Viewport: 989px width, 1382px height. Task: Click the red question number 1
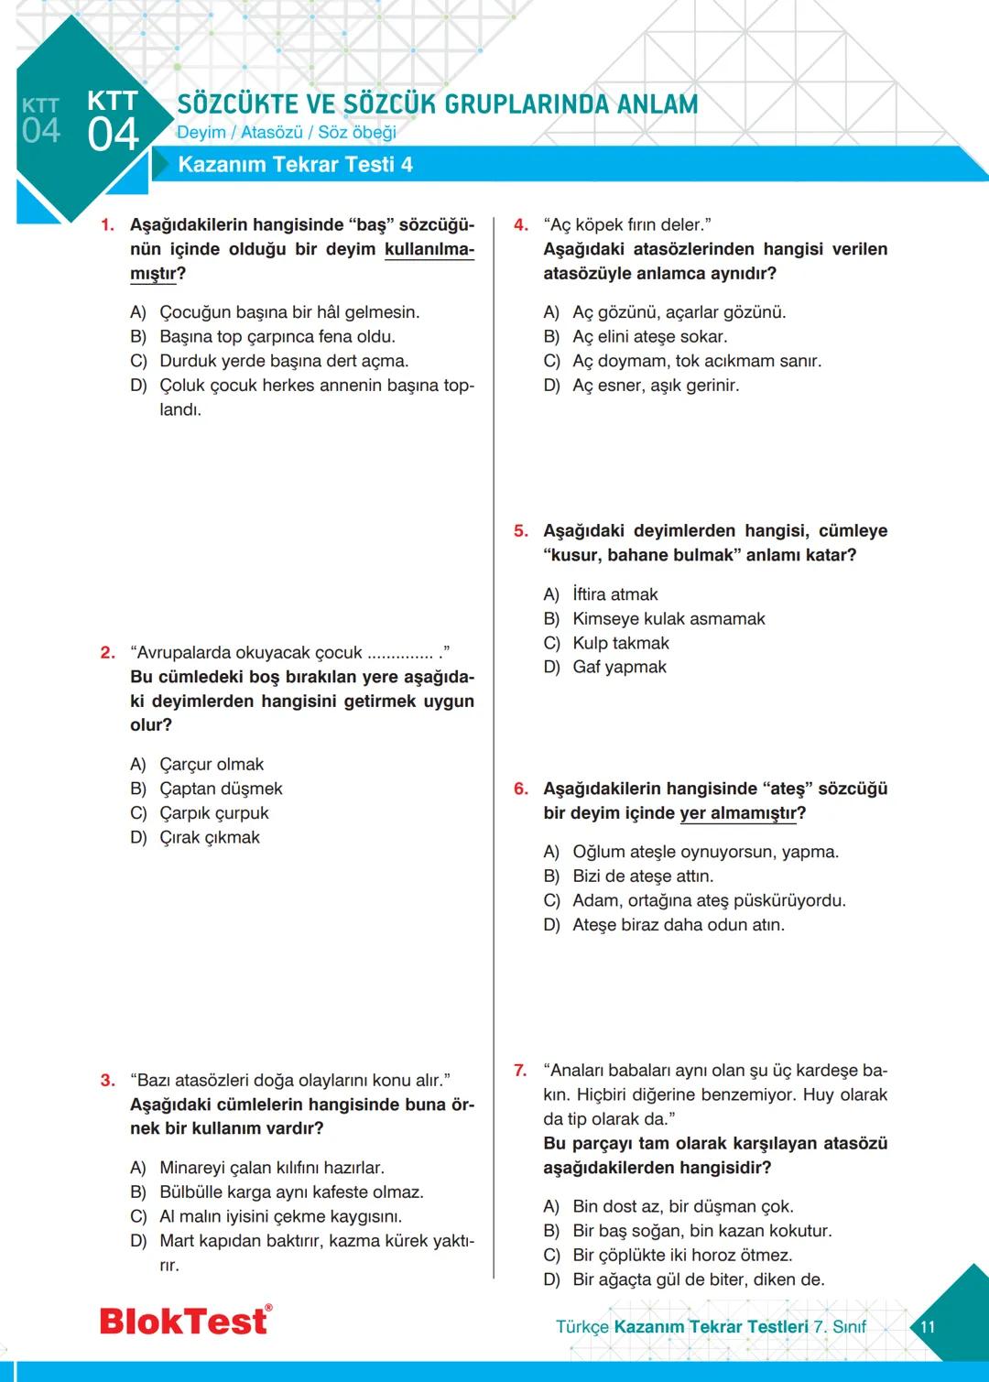[107, 225]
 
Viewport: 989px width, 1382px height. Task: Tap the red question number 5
[520, 531]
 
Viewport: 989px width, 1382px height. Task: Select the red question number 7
[520, 1071]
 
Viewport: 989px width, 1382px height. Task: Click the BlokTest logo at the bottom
[185, 1321]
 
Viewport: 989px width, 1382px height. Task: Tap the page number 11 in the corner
[928, 1327]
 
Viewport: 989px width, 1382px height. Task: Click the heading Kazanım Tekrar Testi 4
[295, 165]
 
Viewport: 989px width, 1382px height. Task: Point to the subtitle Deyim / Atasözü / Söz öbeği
[286, 133]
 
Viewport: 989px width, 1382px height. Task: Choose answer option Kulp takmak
[620, 644]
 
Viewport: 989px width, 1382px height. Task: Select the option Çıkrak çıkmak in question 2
[209, 838]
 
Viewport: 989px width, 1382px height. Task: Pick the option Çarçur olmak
[211, 765]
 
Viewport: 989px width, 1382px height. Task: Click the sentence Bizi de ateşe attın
[642, 876]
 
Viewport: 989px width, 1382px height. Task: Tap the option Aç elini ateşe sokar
[649, 337]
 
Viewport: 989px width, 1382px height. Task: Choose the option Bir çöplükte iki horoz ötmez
[681, 1256]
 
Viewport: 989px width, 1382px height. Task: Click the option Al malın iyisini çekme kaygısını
[280, 1217]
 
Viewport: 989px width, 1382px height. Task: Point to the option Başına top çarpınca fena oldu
[277, 337]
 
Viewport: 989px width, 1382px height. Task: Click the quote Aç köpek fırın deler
[627, 225]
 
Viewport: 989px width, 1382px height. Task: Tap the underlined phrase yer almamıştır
[742, 814]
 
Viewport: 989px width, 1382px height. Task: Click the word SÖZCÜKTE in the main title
[237, 104]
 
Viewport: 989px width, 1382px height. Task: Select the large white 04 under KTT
[114, 136]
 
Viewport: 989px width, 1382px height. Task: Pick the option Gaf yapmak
[619, 668]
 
